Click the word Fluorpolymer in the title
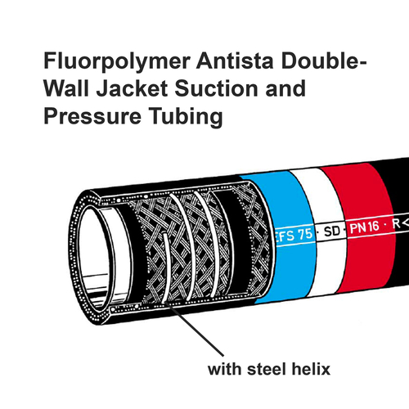pos(117,62)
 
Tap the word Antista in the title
pos(235,61)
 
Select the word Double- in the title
pos(324,61)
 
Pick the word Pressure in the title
pos(92,116)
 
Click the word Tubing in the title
pos(186,117)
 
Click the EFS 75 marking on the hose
pos(294,236)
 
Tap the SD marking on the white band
pos(332,231)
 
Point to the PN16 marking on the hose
pos(364,227)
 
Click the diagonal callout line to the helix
pos(195,329)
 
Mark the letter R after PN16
pos(396,224)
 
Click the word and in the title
pos(285,88)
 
